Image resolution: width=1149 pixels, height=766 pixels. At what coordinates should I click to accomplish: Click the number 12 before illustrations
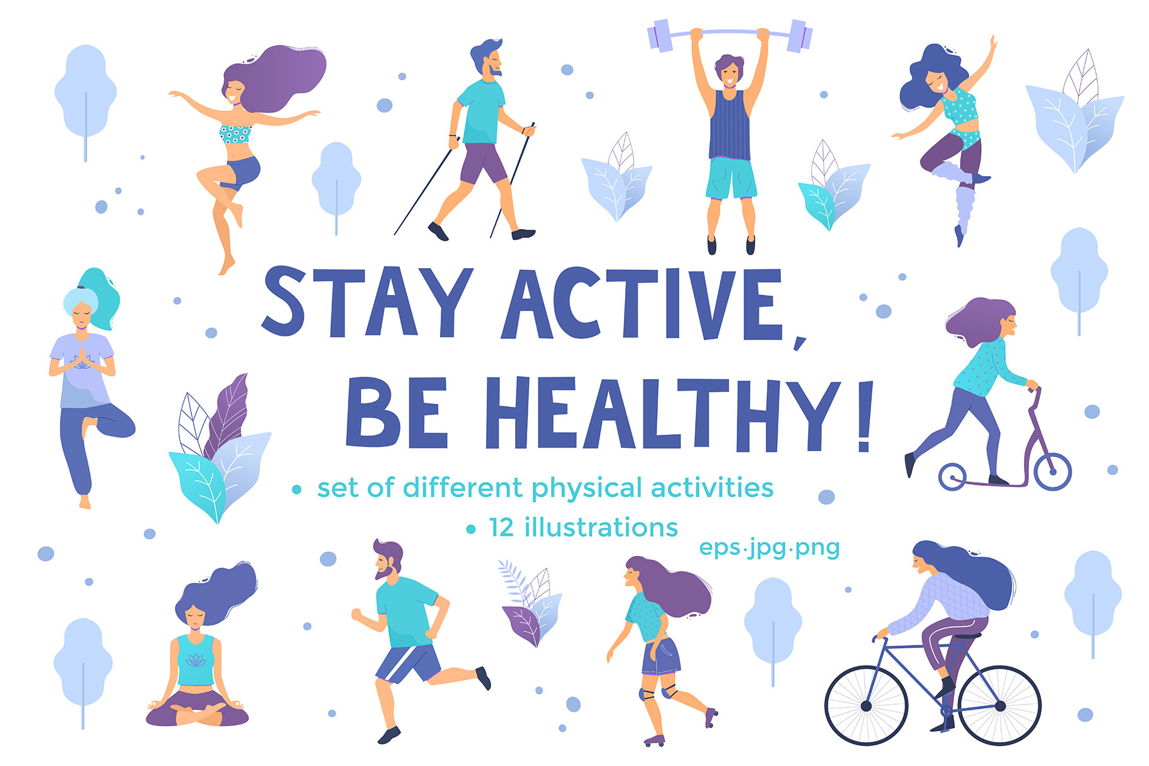coord(501,528)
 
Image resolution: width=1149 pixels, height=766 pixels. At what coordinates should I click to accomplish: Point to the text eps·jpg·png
coord(769,547)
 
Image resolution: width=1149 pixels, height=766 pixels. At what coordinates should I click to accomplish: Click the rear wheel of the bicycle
coord(866,705)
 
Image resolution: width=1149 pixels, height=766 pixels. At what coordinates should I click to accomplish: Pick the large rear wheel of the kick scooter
coord(1052,471)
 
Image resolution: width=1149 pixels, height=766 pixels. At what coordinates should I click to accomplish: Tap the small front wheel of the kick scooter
coord(952,476)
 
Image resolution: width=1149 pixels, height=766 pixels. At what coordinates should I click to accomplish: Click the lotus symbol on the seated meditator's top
coord(196,660)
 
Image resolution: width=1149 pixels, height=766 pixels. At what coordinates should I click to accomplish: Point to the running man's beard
coord(386,572)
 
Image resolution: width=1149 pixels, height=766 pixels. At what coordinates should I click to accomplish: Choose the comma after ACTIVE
coord(799,343)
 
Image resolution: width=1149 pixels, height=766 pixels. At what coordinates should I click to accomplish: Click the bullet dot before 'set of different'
coord(297,490)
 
